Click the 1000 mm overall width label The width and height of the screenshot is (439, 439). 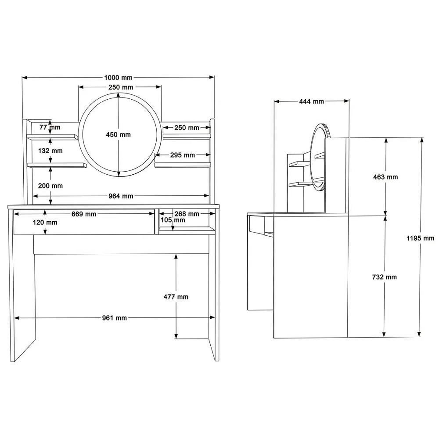click(x=118, y=78)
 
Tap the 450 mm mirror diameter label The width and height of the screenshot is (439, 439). click(x=118, y=135)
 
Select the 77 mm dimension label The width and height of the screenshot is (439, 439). click(x=50, y=127)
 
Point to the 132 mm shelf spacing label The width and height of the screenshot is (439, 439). click(x=50, y=151)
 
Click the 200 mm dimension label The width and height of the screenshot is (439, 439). click(x=50, y=186)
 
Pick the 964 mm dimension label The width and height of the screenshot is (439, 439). click(x=121, y=196)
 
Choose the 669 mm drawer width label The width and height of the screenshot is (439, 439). click(x=84, y=214)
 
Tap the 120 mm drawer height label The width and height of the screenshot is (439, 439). click(x=45, y=223)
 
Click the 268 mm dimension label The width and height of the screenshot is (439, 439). click(x=187, y=214)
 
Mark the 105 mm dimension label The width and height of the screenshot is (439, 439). click(x=173, y=220)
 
